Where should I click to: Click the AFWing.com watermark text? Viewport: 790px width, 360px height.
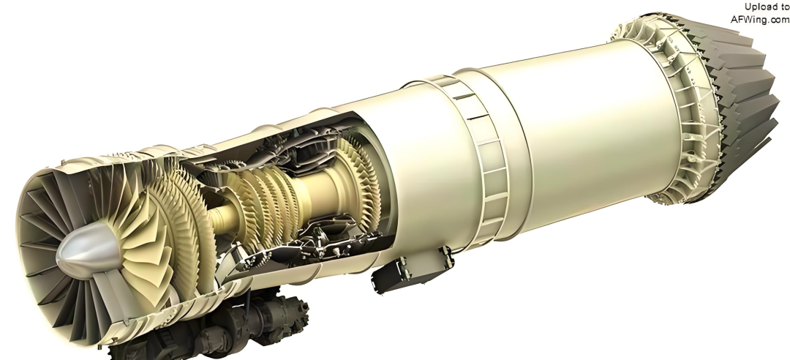(x=760, y=19)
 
